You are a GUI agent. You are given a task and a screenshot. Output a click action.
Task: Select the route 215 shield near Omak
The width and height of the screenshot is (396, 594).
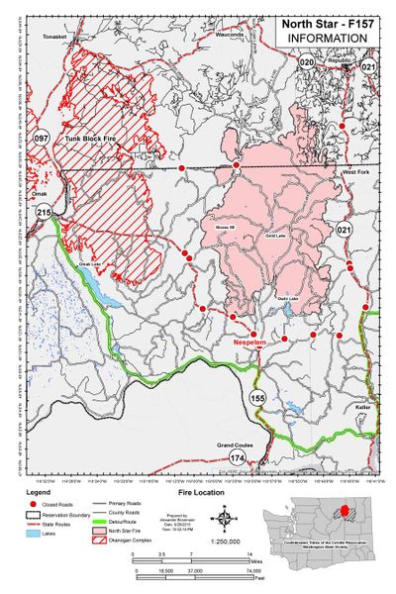click(44, 213)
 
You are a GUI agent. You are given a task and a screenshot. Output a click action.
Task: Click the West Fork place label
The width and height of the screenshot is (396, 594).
click(356, 172)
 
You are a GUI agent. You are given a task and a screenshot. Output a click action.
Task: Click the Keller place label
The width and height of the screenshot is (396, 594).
click(363, 407)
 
